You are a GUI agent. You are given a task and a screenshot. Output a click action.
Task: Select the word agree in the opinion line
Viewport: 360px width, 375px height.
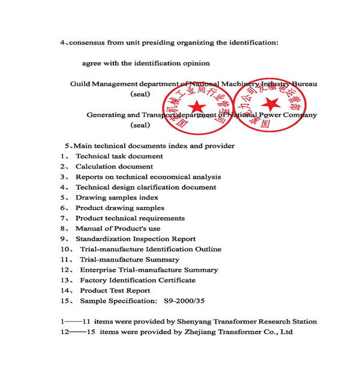point(92,64)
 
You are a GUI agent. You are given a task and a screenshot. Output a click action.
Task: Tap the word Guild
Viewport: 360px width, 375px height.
point(81,84)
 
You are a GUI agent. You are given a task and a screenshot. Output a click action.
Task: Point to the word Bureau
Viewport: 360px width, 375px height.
point(304,84)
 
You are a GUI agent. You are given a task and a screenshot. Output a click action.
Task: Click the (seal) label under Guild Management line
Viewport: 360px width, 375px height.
point(140,94)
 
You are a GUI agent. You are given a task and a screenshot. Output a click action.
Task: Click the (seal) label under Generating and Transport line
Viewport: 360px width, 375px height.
point(140,125)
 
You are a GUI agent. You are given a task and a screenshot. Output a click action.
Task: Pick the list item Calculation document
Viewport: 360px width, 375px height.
point(114,167)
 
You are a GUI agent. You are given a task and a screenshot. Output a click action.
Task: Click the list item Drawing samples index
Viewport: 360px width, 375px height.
point(116,197)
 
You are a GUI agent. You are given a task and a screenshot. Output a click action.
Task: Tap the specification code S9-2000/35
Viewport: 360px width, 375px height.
point(180,301)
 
